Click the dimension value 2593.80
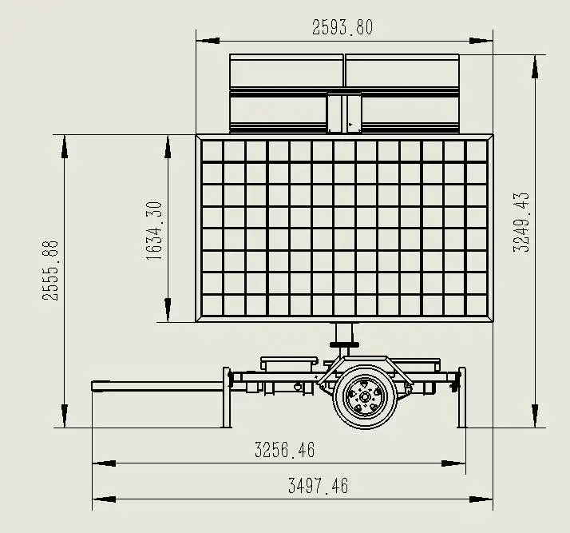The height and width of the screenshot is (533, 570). point(342,28)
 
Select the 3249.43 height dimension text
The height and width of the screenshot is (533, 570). point(521,222)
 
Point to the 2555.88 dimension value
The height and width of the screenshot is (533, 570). point(50,270)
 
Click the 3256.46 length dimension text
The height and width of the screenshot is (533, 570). point(285,450)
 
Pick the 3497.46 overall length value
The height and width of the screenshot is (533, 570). point(318,486)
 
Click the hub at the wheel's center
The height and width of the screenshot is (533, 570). point(365,396)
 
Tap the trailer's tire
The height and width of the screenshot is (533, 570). point(365,396)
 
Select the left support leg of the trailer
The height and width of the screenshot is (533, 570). point(226,397)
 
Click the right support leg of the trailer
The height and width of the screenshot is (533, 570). point(461,397)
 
